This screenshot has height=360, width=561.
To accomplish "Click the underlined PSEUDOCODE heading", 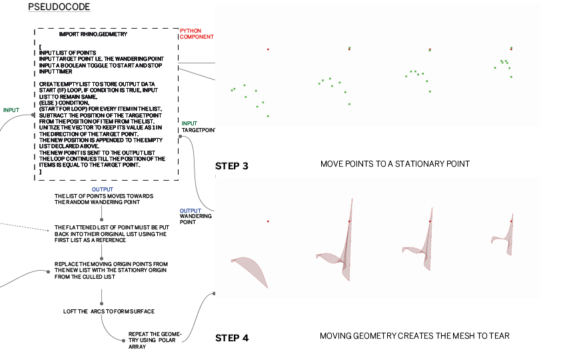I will click(59, 7).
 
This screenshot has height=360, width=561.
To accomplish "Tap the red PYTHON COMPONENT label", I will click(197, 34).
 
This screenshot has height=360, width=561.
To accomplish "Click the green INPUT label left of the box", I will click(11, 109).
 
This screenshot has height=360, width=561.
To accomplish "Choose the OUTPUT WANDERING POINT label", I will click(195, 216).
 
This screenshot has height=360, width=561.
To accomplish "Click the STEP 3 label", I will click(231, 165).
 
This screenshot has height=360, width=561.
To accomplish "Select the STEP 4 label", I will click(231, 338).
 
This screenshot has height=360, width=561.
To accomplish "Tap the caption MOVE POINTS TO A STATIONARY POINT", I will click(394, 164).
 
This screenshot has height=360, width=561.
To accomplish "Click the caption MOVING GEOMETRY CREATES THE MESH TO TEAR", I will click(414, 336).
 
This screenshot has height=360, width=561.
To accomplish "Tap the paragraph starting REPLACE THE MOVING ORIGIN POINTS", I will click(111, 270).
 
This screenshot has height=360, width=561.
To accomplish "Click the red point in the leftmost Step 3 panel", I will click(268, 49).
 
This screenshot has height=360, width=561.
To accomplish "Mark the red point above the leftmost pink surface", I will click(268, 221).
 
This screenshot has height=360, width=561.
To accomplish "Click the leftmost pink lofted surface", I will click(250, 267).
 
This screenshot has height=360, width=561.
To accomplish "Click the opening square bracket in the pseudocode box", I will click(41, 47).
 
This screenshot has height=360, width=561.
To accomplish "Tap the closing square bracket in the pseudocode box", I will click(41, 171).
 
